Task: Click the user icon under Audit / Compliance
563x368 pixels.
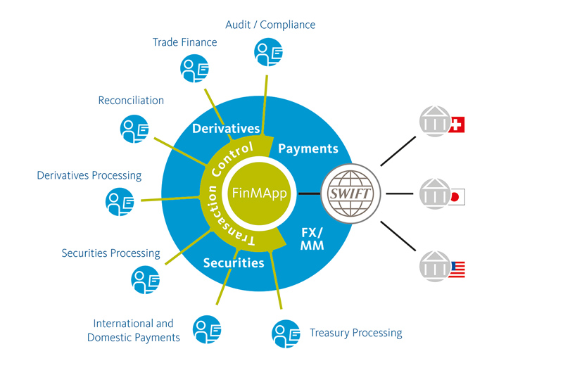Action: (268, 52)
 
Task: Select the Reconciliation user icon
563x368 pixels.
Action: (134, 129)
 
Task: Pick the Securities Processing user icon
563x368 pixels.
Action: (145, 279)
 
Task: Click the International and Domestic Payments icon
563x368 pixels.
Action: (208, 328)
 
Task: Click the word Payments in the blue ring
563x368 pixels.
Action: (308, 148)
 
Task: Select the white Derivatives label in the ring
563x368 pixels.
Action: (226, 129)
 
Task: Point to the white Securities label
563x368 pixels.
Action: (234, 263)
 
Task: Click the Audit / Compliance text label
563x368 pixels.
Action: (270, 25)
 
